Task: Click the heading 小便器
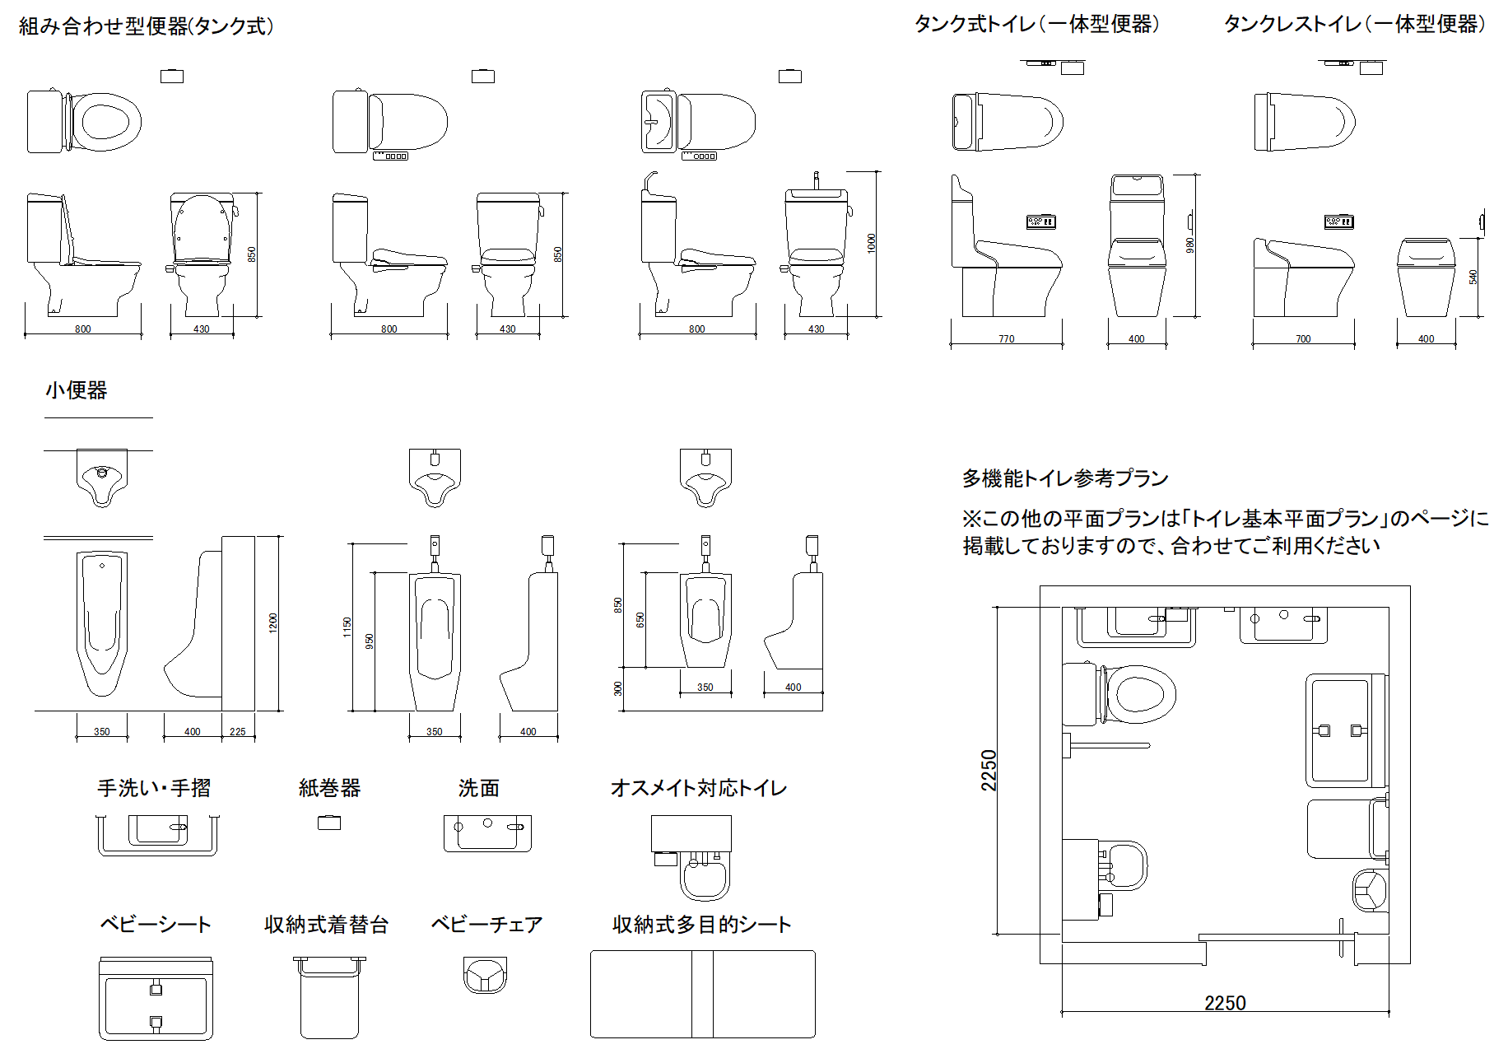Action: pyautogui.click(x=77, y=390)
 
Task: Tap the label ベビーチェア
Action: pyautogui.click(x=486, y=925)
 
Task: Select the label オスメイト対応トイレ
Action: pyautogui.click(x=699, y=788)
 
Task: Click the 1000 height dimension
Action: pyautogui.click(x=872, y=244)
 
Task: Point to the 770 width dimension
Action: pyautogui.click(x=1007, y=338)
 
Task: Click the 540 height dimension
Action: pyautogui.click(x=1473, y=277)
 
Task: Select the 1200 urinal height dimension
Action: pyautogui.click(x=273, y=622)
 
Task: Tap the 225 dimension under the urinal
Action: pyautogui.click(x=237, y=731)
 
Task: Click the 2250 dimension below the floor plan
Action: pyautogui.click(x=1225, y=1003)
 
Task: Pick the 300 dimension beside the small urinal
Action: pyautogui.click(x=618, y=688)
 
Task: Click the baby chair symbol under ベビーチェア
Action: pyautogui.click(x=485, y=975)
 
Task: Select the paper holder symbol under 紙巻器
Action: pyautogui.click(x=329, y=822)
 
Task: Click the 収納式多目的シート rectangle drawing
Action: pyautogui.click(x=703, y=994)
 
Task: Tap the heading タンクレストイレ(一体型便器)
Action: pyautogui.click(x=1355, y=24)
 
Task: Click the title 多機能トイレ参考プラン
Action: pyautogui.click(x=1065, y=478)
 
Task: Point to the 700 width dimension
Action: pyautogui.click(x=1303, y=338)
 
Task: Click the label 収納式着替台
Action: pyautogui.click(x=326, y=925)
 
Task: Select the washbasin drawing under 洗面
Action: pyautogui.click(x=487, y=833)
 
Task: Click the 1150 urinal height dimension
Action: pyautogui.click(x=347, y=627)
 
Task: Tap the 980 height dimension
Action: pyautogui.click(x=1189, y=245)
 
